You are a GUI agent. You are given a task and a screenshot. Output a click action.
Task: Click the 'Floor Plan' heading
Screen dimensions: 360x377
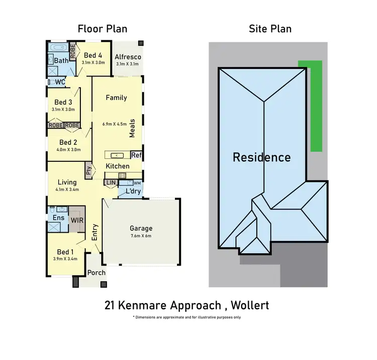coord(102,29)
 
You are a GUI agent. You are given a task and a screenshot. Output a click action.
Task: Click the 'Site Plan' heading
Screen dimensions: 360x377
coord(270,29)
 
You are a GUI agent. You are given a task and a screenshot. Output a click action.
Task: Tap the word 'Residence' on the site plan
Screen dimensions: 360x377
coord(261,157)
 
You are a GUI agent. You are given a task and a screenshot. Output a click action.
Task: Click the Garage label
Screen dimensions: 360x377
coord(141,228)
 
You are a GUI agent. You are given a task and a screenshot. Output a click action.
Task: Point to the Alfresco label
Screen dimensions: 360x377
coord(128,57)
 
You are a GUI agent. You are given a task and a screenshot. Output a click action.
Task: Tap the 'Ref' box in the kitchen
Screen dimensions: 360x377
coord(136,155)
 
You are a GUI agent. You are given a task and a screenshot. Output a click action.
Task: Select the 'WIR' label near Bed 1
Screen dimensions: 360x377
coord(77,221)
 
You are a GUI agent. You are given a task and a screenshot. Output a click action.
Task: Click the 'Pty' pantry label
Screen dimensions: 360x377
coord(88,169)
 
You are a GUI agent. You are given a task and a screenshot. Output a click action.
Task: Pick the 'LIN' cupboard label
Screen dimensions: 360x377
coord(111,183)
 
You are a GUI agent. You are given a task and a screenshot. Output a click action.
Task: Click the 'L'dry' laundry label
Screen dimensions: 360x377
coord(126,192)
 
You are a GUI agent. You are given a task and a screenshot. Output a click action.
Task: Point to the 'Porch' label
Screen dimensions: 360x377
coord(97,273)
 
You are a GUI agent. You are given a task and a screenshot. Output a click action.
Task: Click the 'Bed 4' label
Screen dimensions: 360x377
coord(93,55)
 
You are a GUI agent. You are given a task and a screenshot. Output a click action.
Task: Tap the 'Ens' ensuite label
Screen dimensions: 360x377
coord(58,218)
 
